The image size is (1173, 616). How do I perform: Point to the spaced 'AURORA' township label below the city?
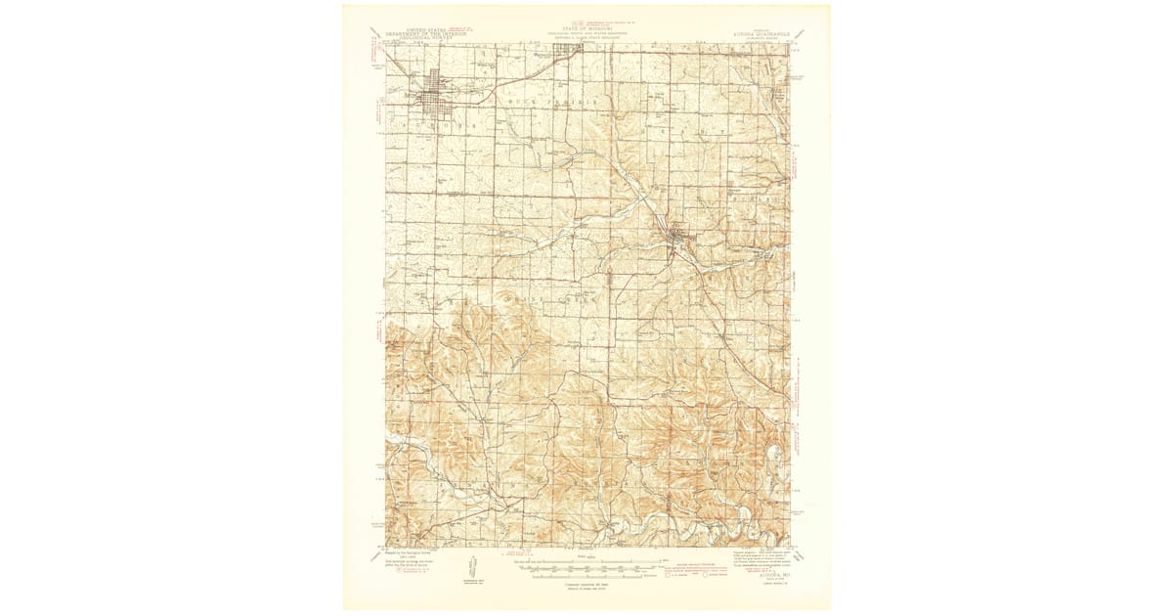pos(431,128)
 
